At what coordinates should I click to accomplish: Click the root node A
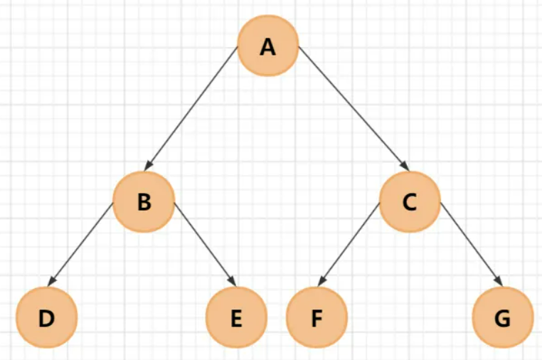pyautogui.click(x=267, y=47)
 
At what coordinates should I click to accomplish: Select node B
pyautogui.click(x=144, y=202)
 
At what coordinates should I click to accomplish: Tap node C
pyautogui.click(x=409, y=202)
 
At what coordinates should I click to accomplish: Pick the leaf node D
pyautogui.click(x=46, y=318)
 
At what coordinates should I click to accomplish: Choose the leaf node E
pyautogui.click(x=236, y=318)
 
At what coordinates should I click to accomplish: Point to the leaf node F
pyautogui.click(x=317, y=318)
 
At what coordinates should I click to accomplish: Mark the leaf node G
pyautogui.click(x=502, y=318)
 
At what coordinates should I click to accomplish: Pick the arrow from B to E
pyautogui.click(x=204, y=243)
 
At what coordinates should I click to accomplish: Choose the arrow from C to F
pyautogui.click(x=348, y=245)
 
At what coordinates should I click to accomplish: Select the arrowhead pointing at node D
pyautogui.click(x=53, y=281)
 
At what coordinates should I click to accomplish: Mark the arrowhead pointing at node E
pyautogui.click(x=231, y=282)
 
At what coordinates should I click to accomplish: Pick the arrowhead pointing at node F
pyautogui.click(x=322, y=282)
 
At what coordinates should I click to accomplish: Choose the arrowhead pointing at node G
pyautogui.click(x=500, y=281)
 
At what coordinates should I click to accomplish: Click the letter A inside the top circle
pyautogui.click(x=267, y=48)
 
